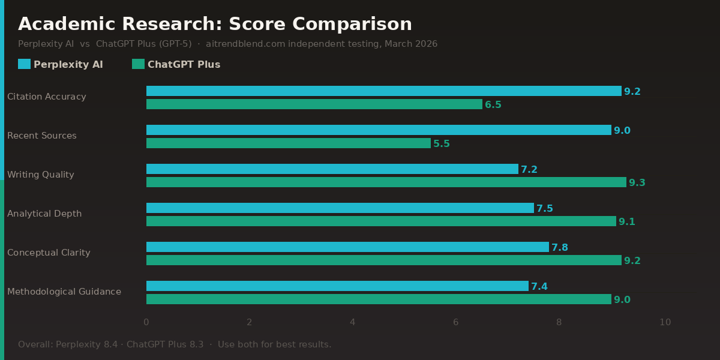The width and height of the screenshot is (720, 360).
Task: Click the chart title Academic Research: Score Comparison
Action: tap(215, 25)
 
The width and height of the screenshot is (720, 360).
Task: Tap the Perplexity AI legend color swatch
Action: tap(24, 64)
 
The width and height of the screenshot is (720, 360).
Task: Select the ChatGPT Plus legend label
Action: tap(184, 65)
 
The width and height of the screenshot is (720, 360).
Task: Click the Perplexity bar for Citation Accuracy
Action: tap(384, 91)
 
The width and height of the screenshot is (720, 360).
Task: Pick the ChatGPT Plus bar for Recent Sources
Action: tap(289, 143)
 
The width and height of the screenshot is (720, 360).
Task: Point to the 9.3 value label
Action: tap(637, 183)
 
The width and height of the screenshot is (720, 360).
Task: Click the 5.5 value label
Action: tap(442, 144)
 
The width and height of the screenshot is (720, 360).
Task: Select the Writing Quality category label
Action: tap(41, 175)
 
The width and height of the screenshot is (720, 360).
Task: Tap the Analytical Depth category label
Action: tap(44, 214)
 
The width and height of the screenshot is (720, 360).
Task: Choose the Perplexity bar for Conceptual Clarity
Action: tap(347, 247)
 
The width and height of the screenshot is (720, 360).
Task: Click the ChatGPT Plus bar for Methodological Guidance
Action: tap(379, 299)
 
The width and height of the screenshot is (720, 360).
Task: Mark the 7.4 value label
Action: tap(539, 287)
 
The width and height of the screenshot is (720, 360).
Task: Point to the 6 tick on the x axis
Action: tap(455, 322)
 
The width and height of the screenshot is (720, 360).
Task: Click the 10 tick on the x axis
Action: tap(665, 322)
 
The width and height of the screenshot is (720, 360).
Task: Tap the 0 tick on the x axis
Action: tap(146, 322)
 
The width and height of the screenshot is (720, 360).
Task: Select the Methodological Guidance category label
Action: tap(64, 292)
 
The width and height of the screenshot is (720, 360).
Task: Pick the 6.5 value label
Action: tap(493, 105)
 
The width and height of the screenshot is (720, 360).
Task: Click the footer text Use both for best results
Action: tap(274, 344)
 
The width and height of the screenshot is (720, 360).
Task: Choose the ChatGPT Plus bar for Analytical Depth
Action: tap(381, 221)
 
